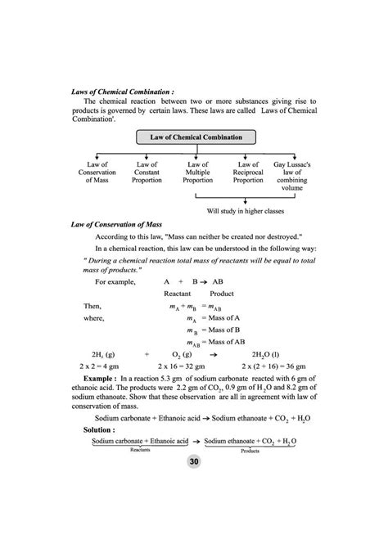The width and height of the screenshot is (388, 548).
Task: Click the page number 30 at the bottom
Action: point(194,462)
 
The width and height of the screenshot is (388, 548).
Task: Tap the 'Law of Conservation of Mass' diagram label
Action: point(97,172)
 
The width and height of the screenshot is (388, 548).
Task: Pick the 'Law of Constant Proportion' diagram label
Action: point(147,172)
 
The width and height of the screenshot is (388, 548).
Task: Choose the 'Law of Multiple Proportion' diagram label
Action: point(198,172)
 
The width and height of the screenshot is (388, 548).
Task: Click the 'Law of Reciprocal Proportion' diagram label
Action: point(248,172)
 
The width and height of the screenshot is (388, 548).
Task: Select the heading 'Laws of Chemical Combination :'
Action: point(123,92)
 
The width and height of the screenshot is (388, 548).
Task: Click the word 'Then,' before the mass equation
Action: point(93,305)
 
